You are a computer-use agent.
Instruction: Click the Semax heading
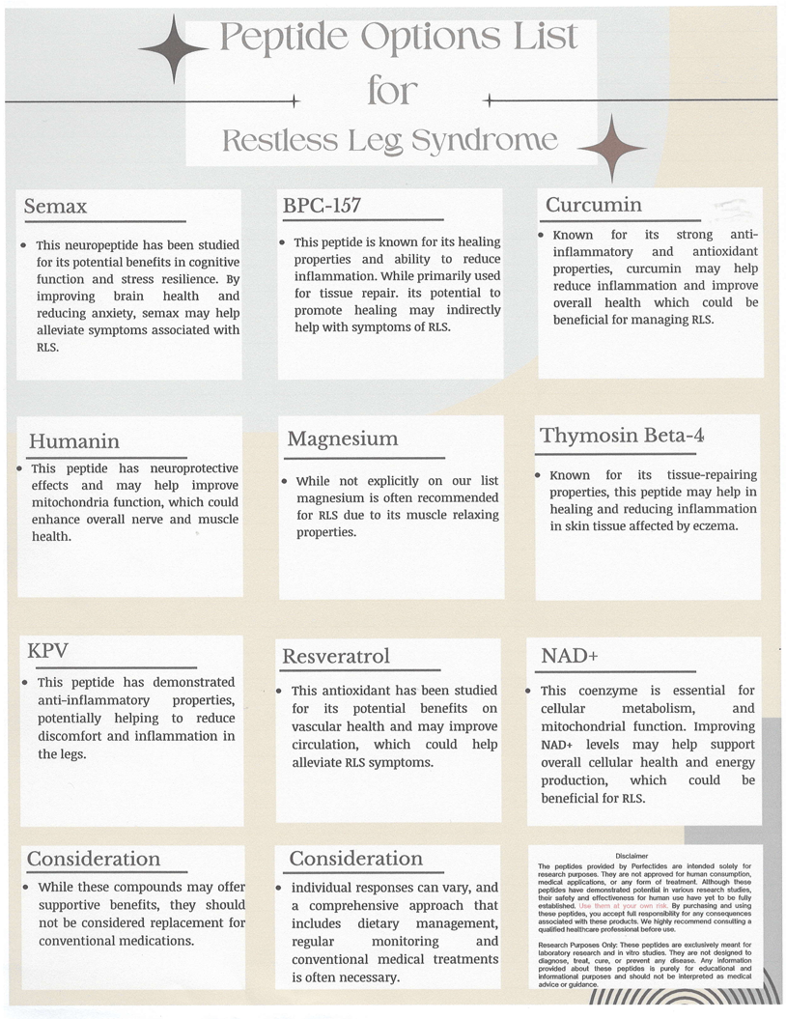55,207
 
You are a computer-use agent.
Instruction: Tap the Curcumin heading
593,205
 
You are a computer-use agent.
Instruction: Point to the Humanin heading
74,441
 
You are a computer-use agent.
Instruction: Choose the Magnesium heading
342,439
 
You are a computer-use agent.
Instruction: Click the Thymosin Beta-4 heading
623,435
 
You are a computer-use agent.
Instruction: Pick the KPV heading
47,649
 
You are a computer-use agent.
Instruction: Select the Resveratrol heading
336,657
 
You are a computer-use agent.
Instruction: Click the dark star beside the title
173,48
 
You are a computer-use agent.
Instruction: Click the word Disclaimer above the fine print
632,856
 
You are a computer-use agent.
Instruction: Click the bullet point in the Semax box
22,245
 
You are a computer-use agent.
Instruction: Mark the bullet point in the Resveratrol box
280,691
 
